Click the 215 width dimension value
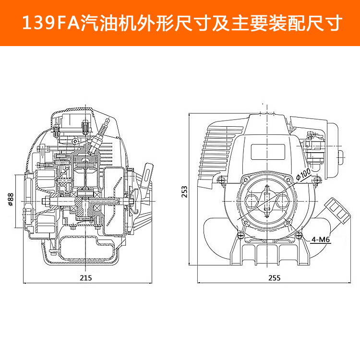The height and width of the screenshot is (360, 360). point(86,278)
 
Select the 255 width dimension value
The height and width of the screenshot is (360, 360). point(274,278)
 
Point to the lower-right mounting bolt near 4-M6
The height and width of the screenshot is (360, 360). point(300,235)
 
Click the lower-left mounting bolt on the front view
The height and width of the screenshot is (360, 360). point(239,234)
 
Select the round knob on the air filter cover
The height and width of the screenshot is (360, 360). point(342,155)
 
